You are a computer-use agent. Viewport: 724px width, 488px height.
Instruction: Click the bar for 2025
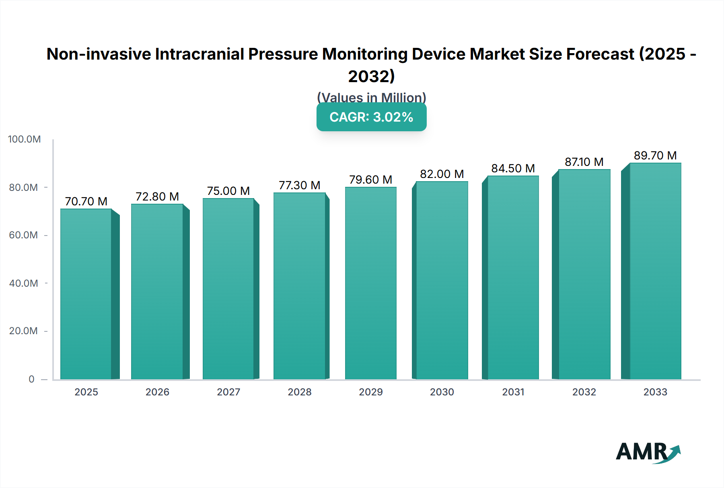[x=86, y=294]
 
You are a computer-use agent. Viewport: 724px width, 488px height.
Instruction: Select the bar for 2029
[x=370, y=283]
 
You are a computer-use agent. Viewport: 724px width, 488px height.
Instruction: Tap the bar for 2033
[x=655, y=271]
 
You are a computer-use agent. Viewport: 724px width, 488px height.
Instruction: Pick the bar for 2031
[x=513, y=277]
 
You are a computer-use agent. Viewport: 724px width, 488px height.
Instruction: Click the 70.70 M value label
[x=86, y=201]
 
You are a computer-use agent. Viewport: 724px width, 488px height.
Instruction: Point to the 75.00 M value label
[x=228, y=191]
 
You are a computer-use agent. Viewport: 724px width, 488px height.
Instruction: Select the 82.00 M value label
[x=442, y=174]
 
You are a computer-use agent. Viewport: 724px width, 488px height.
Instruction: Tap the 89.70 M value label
[x=655, y=155]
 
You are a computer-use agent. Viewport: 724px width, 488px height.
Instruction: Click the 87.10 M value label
[x=584, y=162]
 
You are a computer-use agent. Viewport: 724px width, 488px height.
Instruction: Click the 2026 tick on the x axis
[x=157, y=392]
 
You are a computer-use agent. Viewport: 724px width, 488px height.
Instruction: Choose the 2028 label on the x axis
[x=300, y=392]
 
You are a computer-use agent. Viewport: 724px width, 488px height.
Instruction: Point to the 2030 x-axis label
[x=442, y=392]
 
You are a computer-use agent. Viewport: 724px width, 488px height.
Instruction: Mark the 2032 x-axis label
[x=584, y=392]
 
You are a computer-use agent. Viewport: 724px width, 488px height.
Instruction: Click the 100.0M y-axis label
[x=25, y=139]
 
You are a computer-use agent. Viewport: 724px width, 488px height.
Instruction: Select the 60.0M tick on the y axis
[x=23, y=235]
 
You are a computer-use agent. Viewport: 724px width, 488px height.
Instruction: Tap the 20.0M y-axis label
[x=23, y=331]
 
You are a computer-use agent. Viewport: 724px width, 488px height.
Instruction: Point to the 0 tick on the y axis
[x=31, y=379]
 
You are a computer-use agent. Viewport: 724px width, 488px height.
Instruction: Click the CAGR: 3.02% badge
[x=371, y=117]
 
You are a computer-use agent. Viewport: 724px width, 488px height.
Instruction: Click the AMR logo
[x=648, y=452]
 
